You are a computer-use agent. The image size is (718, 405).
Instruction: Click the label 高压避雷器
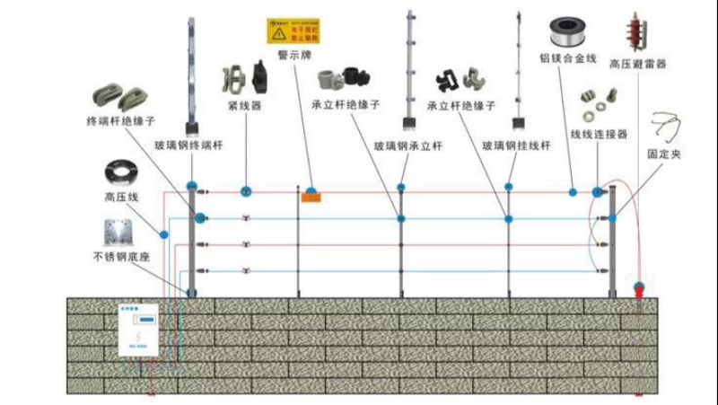[x=637, y=65]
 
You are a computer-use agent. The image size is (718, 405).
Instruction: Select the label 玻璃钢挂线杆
[x=517, y=145]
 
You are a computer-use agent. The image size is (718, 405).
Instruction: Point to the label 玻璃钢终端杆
[x=188, y=145]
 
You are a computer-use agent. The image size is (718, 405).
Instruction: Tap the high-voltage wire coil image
[x=119, y=172]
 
